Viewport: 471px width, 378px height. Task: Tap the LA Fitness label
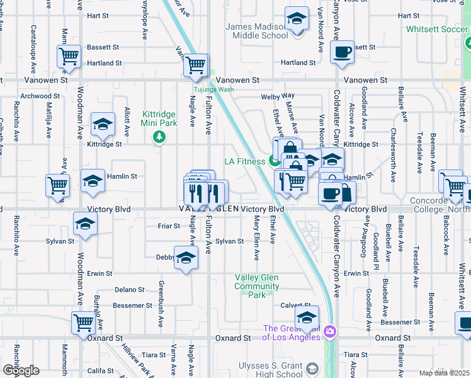point(245,161)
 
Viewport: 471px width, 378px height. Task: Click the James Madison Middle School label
point(257,31)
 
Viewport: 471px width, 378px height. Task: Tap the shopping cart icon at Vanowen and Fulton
point(196,65)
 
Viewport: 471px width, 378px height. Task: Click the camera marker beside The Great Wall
point(329,331)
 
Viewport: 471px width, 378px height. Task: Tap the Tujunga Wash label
point(213,89)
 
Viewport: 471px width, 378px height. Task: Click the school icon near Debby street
point(185,258)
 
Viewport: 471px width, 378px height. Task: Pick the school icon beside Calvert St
point(307,317)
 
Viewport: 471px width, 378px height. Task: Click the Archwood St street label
point(40,96)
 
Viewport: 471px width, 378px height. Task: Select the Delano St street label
point(130,290)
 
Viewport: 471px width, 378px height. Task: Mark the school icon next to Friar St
point(86,224)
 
